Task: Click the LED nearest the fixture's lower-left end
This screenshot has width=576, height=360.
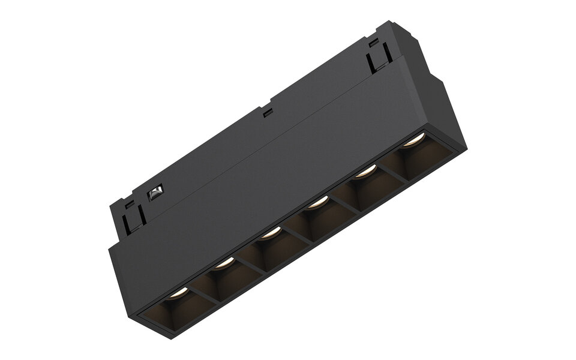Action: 179,295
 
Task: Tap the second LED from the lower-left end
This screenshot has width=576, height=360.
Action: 224,262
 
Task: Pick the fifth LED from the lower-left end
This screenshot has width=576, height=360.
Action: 362,173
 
